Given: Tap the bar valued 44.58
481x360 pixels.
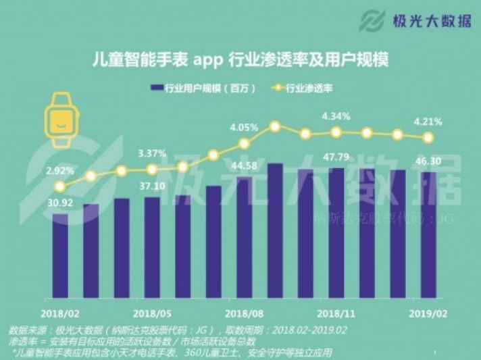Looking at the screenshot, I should [244, 236].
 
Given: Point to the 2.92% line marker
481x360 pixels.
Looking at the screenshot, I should [60, 186].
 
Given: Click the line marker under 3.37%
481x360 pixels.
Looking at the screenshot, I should [152, 170].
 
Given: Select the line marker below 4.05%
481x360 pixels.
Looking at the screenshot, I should [244, 143].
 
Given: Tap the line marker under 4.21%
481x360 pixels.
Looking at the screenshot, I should [428, 137].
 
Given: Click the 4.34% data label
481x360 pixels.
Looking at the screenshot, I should [336, 116].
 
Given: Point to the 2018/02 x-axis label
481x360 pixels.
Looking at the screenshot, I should [59, 313].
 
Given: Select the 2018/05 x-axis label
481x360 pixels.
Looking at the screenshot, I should [151, 313].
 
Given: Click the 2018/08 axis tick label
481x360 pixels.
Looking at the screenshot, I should [243, 313].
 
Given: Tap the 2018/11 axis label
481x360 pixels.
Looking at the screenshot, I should [336, 313].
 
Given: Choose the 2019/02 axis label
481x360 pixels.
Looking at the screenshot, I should [427, 313].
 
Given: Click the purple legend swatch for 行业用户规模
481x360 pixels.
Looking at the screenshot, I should [157, 88].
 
